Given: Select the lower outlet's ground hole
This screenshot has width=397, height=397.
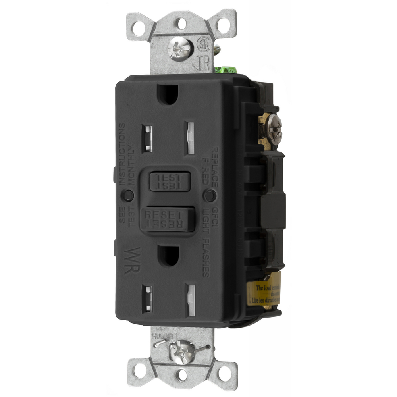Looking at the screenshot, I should tap(169, 256).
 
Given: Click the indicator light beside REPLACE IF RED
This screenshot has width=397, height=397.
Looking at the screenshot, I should tap(210, 195).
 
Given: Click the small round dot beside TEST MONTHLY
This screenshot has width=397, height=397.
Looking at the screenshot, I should tap(128, 195).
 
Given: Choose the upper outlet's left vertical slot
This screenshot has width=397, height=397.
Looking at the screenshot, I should tap(147, 139).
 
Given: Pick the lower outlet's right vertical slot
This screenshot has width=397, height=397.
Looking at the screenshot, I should tap(191, 300).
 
